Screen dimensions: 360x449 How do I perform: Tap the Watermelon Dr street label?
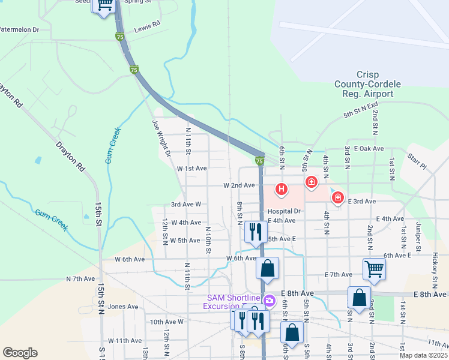coord(19,29)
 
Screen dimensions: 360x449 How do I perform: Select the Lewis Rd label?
coord(147,25)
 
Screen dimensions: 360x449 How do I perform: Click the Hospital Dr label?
coord(284,211)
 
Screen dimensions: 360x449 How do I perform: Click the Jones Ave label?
coord(124,307)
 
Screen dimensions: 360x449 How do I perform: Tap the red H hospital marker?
coord(280,190)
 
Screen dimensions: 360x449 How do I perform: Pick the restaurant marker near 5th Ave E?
coord(256,231)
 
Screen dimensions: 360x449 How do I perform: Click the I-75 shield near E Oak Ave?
coord(259,161)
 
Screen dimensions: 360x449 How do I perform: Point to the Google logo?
coord(20,353)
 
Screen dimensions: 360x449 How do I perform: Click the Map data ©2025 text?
coord(423,355)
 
